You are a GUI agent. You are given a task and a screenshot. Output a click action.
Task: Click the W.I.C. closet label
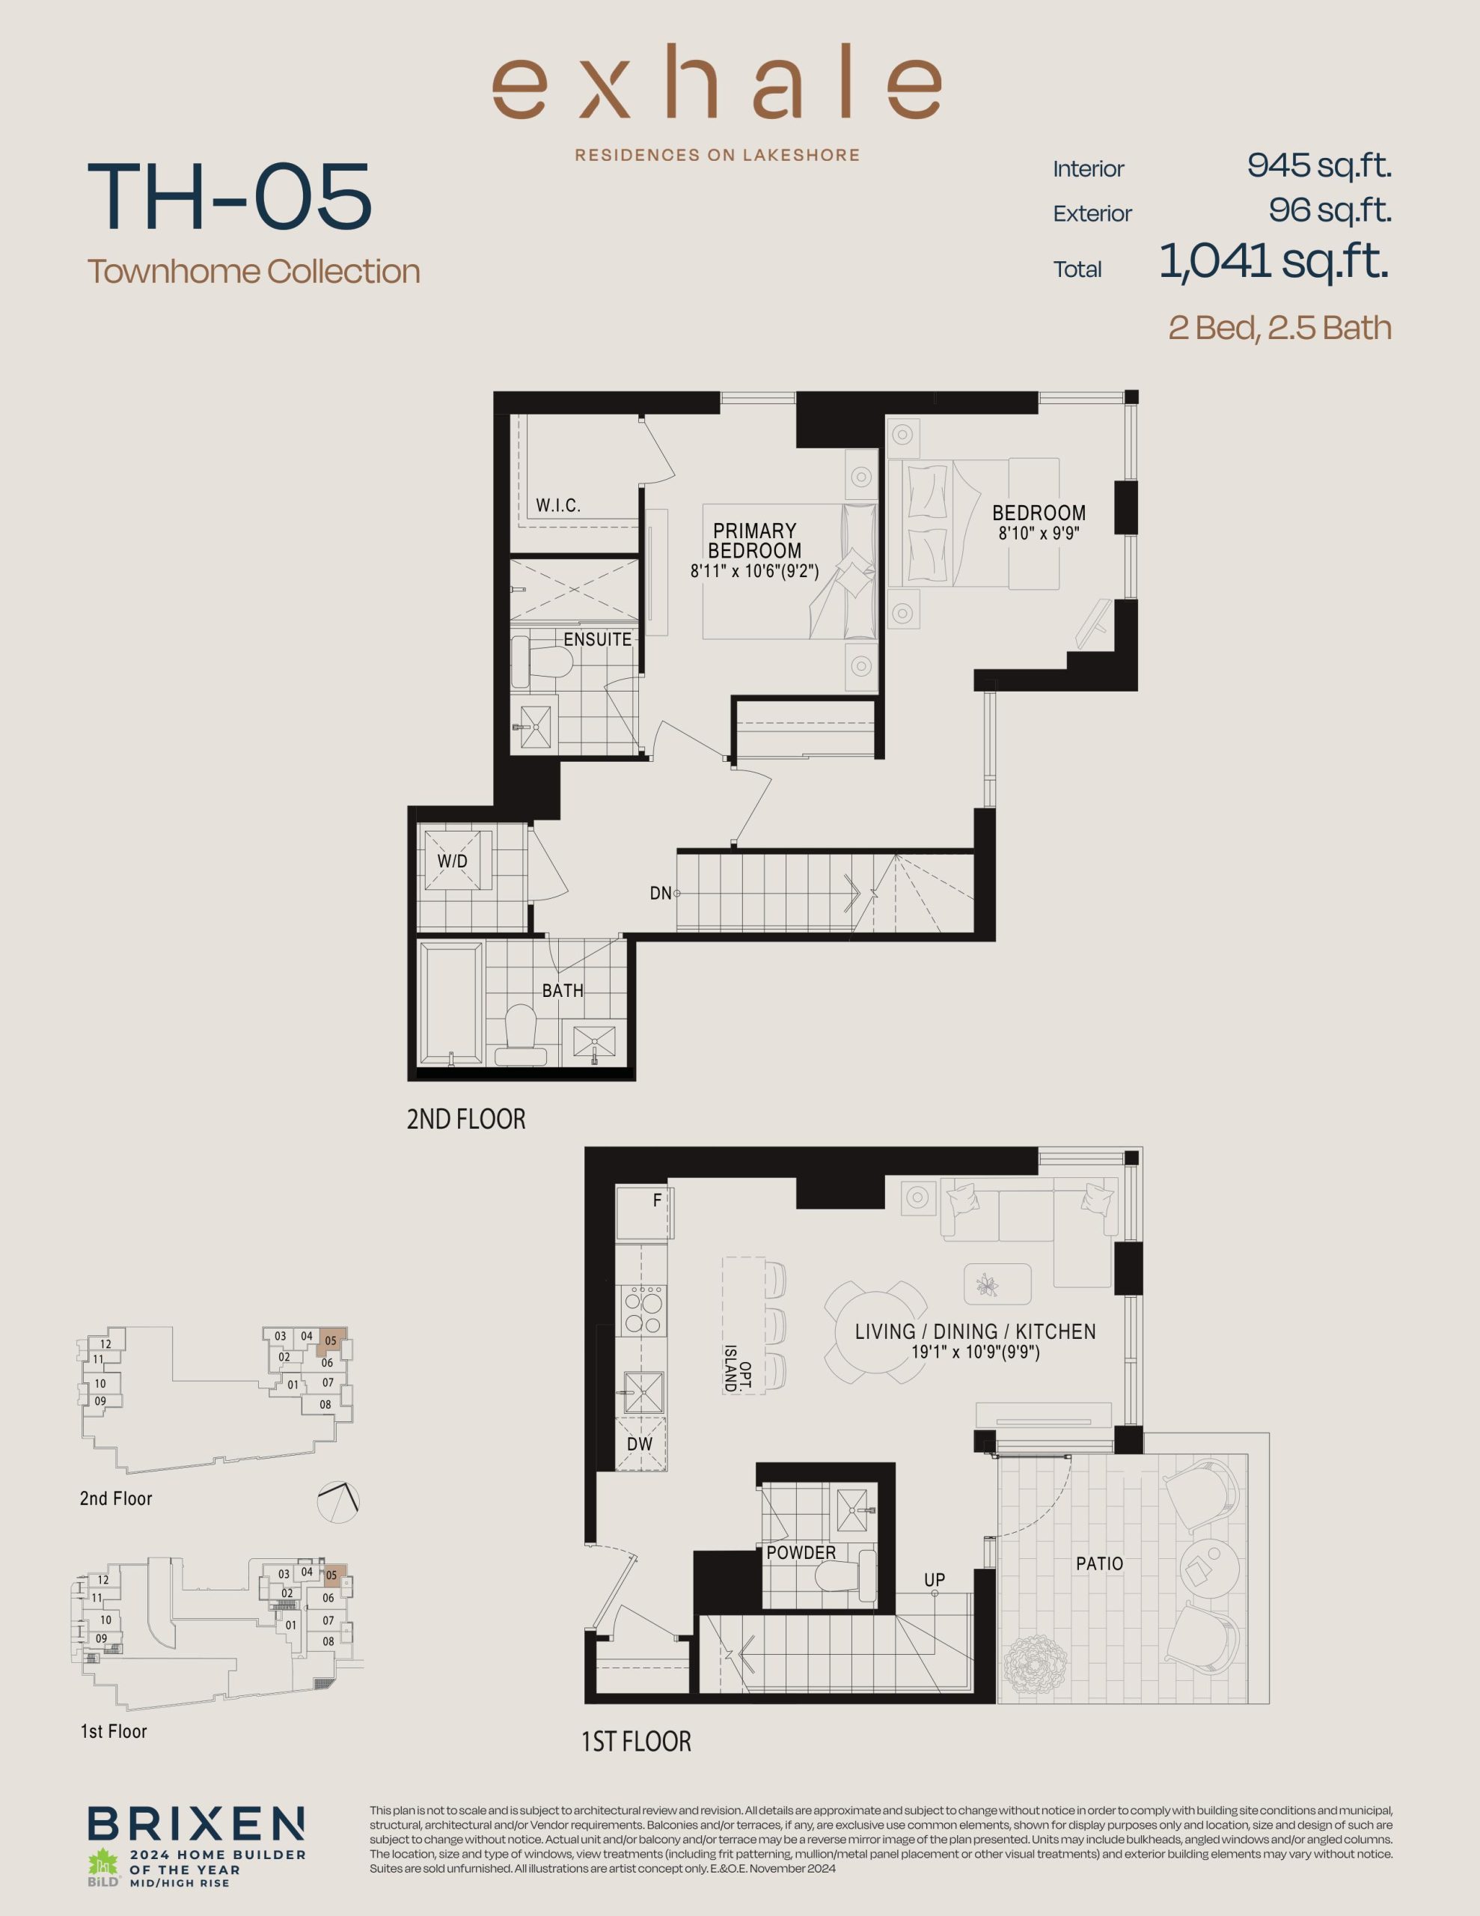[558, 505]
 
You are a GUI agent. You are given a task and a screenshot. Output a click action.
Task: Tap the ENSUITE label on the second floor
[597, 640]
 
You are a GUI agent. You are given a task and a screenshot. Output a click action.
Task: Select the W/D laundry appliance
[453, 861]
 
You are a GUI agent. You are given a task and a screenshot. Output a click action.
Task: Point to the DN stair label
[660, 893]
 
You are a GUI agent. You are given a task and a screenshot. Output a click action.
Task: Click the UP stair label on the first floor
[935, 1580]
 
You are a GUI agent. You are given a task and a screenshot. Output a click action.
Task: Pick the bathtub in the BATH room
[451, 1004]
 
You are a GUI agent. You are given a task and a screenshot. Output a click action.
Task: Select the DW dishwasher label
[640, 1444]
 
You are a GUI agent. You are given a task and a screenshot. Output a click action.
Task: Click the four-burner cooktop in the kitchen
[643, 1310]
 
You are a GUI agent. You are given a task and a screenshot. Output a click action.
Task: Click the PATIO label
[1099, 1563]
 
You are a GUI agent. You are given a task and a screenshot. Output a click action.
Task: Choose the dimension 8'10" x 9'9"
[1039, 533]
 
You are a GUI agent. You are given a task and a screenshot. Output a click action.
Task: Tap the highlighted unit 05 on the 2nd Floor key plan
[331, 1340]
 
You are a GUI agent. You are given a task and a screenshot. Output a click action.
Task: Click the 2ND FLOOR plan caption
[466, 1119]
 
